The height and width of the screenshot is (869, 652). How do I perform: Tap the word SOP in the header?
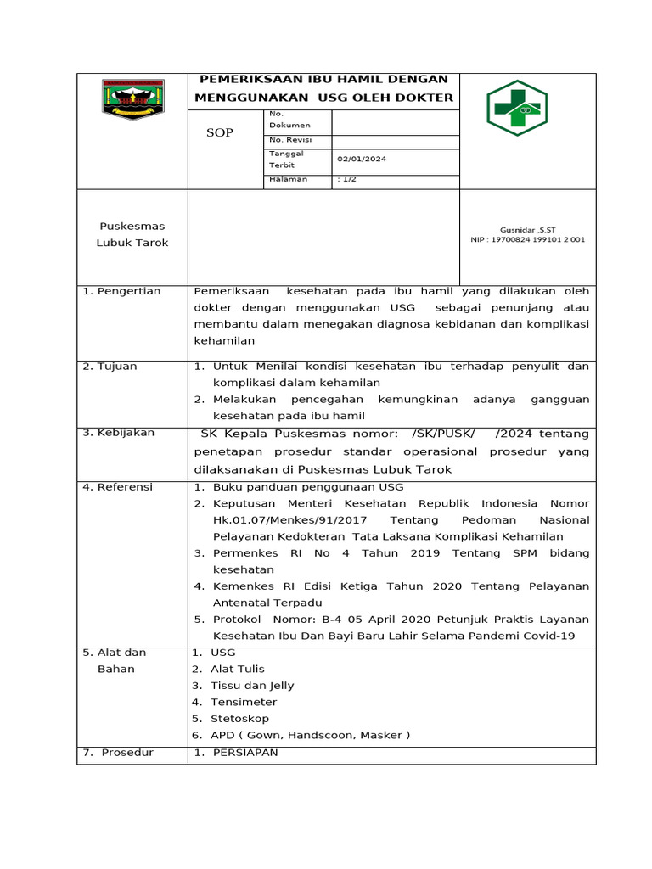coord(221,133)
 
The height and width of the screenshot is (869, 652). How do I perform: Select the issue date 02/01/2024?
coord(362,159)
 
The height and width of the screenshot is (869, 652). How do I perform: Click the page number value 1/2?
coord(346,179)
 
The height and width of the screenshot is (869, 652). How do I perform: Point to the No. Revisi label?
coord(289,139)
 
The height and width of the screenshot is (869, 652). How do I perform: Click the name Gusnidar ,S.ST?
coord(528,229)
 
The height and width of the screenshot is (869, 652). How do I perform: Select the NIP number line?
coord(528,239)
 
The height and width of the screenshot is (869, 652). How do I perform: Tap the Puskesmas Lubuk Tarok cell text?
coord(132,234)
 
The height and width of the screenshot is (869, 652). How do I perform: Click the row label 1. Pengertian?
coord(122,291)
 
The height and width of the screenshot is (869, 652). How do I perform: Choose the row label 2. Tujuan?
coord(110,367)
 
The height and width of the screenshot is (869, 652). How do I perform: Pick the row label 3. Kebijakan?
coord(119,432)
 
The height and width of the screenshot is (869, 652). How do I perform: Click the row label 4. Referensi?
coord(118,486)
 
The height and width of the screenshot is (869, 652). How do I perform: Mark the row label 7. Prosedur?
coord(119,753)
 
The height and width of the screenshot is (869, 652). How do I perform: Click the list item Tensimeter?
coord(244,702)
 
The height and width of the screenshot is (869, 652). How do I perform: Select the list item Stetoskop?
coord(239,719)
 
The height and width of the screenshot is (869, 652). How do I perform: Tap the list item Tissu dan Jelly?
coord(252,686)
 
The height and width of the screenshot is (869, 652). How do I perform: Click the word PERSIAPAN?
coord(245,753)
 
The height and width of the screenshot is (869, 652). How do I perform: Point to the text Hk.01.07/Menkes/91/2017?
coord(278,519)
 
